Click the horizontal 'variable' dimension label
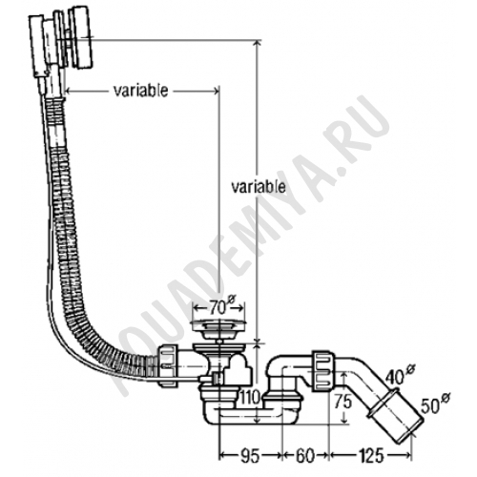(140, 92)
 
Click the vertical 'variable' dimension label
(258, 187)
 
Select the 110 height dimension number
(250, 398)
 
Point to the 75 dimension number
(342, 402)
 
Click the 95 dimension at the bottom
(250, 456)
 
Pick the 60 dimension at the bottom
(304, 456)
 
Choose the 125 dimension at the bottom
(370, 456)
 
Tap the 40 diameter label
(400, 374)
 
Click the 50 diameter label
(434, 404)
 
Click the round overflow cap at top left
(81, 37)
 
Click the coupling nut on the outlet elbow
(323, 370)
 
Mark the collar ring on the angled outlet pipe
(383, 404)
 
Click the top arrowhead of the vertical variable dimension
(258, 44)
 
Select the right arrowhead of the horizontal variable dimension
(216, 92)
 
